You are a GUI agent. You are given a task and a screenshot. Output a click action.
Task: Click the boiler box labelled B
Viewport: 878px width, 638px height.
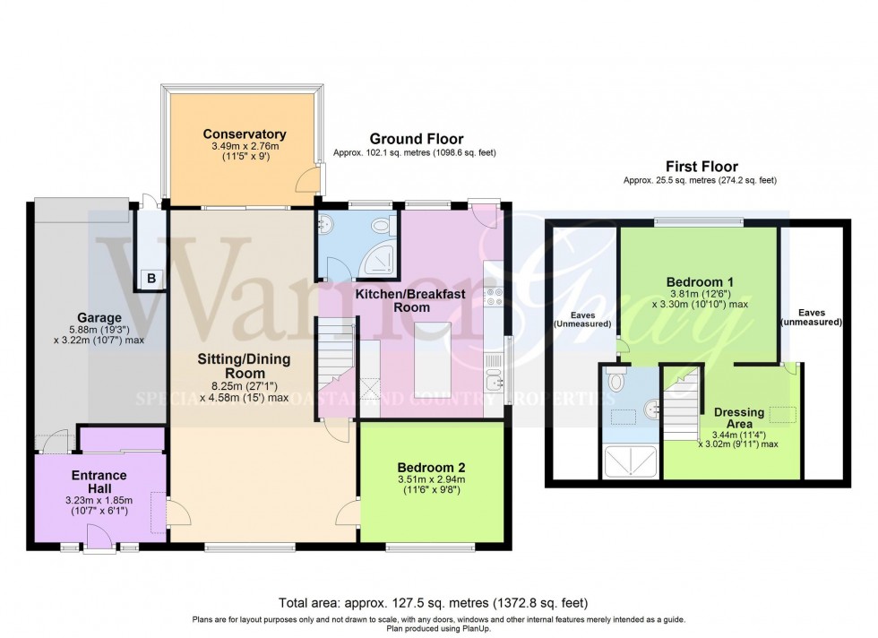click(151, 279)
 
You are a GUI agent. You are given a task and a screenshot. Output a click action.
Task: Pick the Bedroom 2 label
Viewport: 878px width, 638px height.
click(432, 467)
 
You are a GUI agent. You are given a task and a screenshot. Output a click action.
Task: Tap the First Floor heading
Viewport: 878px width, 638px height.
click(702, 167)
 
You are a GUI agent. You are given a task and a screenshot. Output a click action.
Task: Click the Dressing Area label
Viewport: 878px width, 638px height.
click(739, 418)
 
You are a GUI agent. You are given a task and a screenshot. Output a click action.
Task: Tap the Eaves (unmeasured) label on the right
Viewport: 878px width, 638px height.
click(812, 318)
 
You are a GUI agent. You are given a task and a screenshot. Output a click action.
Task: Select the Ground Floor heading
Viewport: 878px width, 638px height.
click(417, 139)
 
